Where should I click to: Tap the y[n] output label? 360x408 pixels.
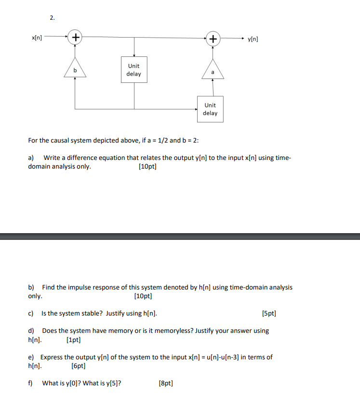click(253, 39)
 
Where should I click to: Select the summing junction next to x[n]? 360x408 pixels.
click(75, 37)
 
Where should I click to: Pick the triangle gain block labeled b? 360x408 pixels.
click(75, 68)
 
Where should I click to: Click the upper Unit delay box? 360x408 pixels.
click(133, 70)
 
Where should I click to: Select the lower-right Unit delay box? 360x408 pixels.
click(210, 109)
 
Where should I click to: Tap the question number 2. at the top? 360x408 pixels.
click(52, 18)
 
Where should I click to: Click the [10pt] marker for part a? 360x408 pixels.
click(147, 167)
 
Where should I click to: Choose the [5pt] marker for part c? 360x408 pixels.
click(269, 314)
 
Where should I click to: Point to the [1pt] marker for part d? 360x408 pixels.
click(73, 340)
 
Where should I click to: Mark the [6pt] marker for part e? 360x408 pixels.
click(78, 366)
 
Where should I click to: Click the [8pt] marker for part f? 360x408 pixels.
click(165, 383)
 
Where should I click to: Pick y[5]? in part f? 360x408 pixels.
click(112, 383)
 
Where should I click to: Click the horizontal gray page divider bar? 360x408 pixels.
click(180, 237)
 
